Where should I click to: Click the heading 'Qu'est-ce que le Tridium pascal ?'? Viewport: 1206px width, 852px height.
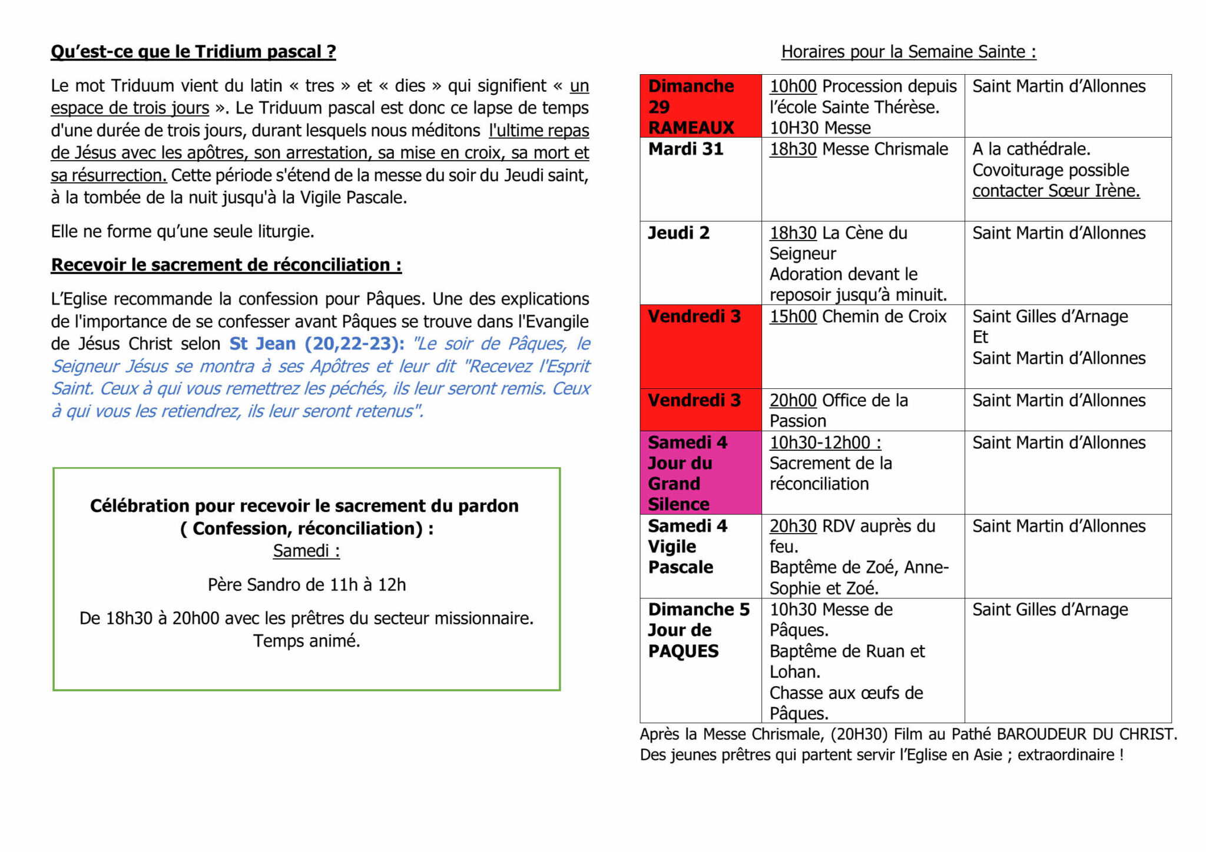click(193, 52)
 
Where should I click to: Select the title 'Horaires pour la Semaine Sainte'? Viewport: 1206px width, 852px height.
click(908, 52)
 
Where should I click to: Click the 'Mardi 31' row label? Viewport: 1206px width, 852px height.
click(685, 149)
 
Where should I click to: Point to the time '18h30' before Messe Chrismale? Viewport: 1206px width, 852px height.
click(793, 149)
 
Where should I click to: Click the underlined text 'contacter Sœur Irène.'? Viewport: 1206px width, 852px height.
click(1056, 191)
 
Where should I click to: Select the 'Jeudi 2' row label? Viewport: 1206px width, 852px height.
click(678, 233)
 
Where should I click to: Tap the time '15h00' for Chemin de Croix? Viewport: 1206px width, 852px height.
click(793, 317)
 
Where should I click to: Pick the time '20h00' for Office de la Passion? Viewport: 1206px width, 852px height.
click(793, 401)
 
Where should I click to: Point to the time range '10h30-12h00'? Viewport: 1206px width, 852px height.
click(825, 442)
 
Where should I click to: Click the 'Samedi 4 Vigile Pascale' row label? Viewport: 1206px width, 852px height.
click(687, 547)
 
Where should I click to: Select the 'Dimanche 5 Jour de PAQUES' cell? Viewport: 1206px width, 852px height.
click(698, 630)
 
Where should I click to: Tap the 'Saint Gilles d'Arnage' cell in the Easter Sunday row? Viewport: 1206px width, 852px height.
click(1050, 610)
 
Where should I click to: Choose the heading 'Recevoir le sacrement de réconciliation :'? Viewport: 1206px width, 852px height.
click(226, 265)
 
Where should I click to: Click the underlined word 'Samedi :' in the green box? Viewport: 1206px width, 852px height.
click(306, 551)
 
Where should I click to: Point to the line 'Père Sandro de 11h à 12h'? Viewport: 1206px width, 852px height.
click(306, 585)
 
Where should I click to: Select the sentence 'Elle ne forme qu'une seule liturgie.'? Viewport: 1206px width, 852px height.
click(183, 232)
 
